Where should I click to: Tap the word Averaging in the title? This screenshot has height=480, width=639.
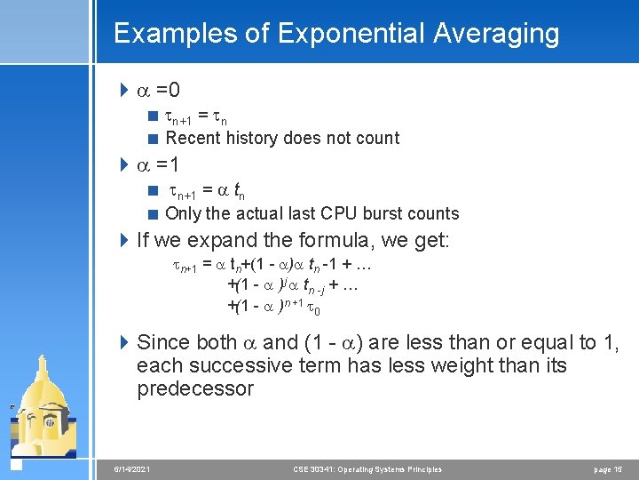[x=497, y=34]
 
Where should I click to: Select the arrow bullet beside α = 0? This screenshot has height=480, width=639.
[x=123, y=91]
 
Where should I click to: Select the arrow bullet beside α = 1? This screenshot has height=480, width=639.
[x=123, y=165]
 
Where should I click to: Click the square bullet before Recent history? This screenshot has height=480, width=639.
[x=153, y=139]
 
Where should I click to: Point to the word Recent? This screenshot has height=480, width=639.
[x=193, y=138]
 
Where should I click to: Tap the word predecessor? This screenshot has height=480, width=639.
[x=195, y=389]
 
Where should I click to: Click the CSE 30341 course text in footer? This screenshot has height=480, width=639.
[x=367, y=468]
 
